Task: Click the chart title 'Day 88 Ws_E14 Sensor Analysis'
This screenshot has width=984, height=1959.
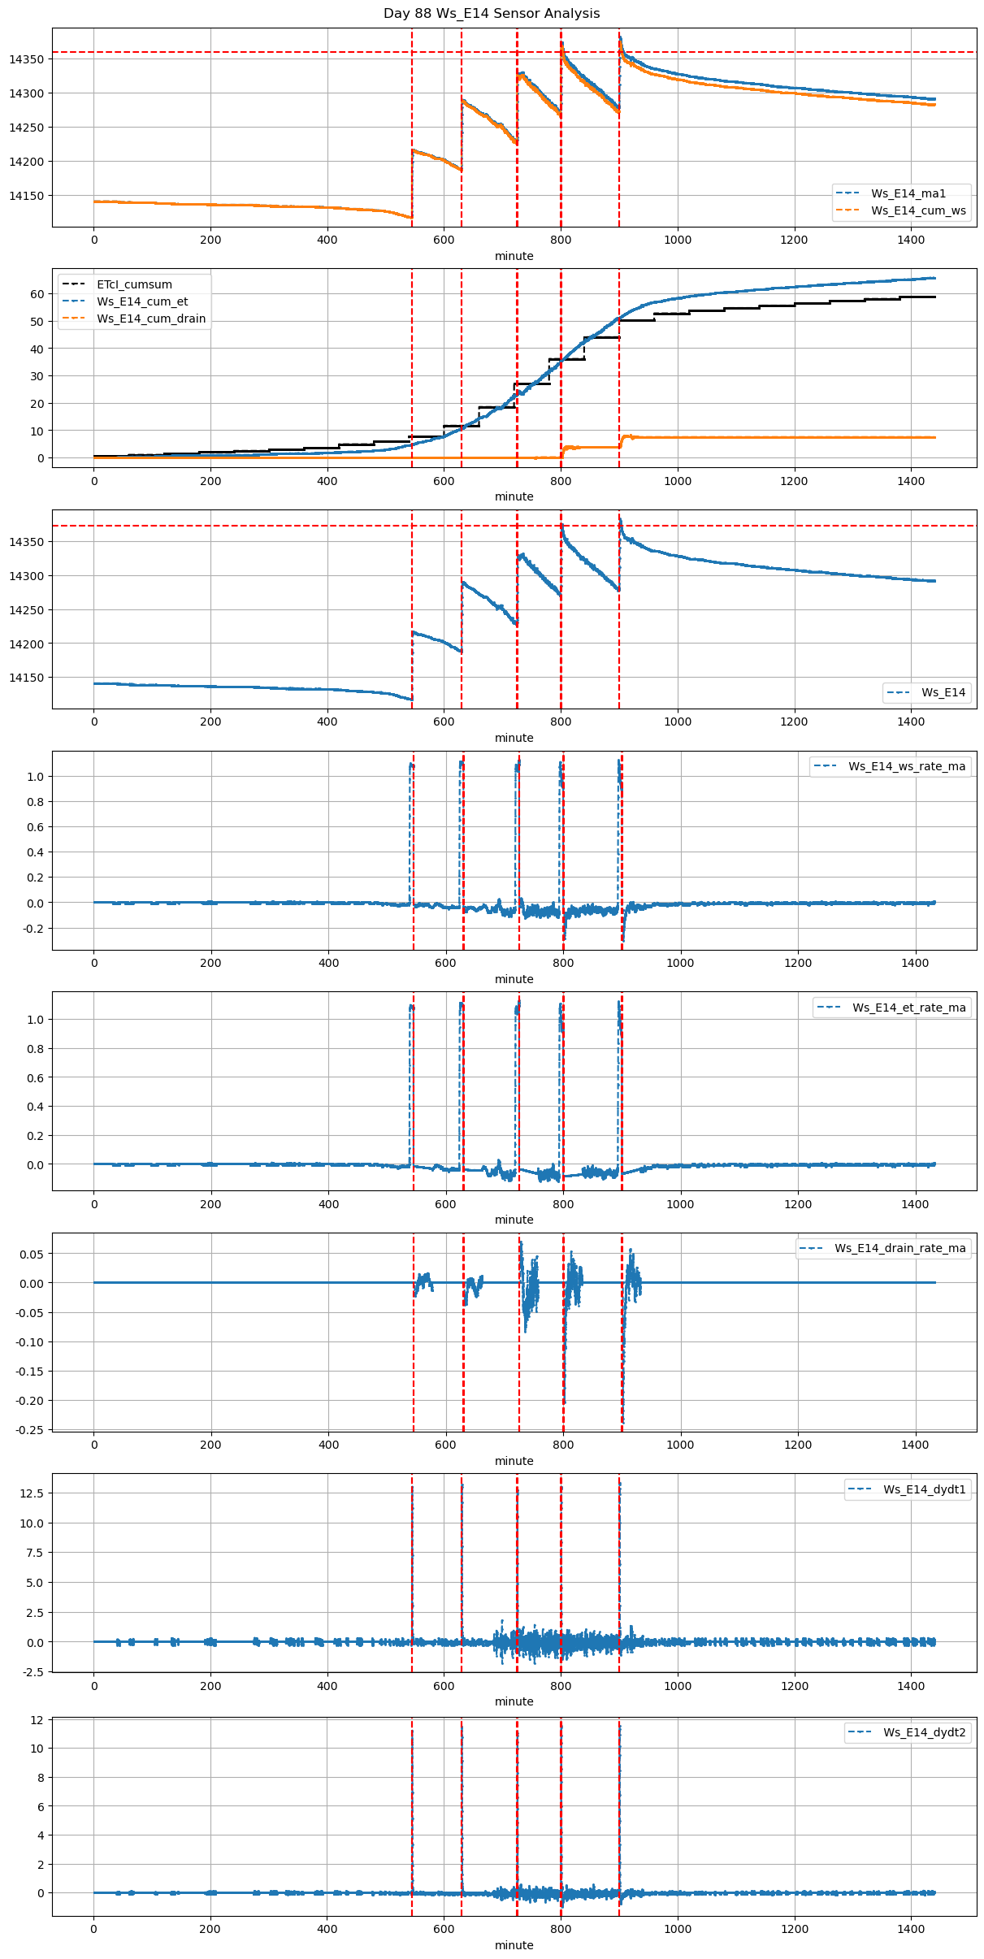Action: (492, 14)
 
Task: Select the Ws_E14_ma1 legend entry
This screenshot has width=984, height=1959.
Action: (908, 193)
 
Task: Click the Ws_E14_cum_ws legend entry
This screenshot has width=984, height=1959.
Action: (918, 210)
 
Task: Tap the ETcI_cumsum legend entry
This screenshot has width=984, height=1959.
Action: (134, 285)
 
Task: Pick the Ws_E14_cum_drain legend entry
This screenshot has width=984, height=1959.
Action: (151, 319)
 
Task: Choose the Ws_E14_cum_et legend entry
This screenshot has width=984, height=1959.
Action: (142, 302)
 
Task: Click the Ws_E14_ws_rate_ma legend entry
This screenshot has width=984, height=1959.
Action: (907, 766)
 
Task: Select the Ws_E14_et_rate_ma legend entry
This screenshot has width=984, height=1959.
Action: (908, 1008)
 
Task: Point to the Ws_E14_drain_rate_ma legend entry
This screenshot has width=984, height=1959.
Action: (900, 1248)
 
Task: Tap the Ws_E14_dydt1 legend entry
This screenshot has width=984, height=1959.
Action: (925, 1489)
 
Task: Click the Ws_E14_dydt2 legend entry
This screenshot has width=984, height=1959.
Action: (925, 1732)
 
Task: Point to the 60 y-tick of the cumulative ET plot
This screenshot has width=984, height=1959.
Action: (37, 294)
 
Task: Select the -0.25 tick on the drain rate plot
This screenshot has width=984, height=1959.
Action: (31, 1429)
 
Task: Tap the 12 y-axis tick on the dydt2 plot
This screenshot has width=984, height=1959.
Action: (37, 1720)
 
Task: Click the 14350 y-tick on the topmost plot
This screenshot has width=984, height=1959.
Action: (26, 59)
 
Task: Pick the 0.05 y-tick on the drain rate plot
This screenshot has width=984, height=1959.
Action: (33, 1255)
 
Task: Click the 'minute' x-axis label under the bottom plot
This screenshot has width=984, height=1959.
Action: (514, 1945)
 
